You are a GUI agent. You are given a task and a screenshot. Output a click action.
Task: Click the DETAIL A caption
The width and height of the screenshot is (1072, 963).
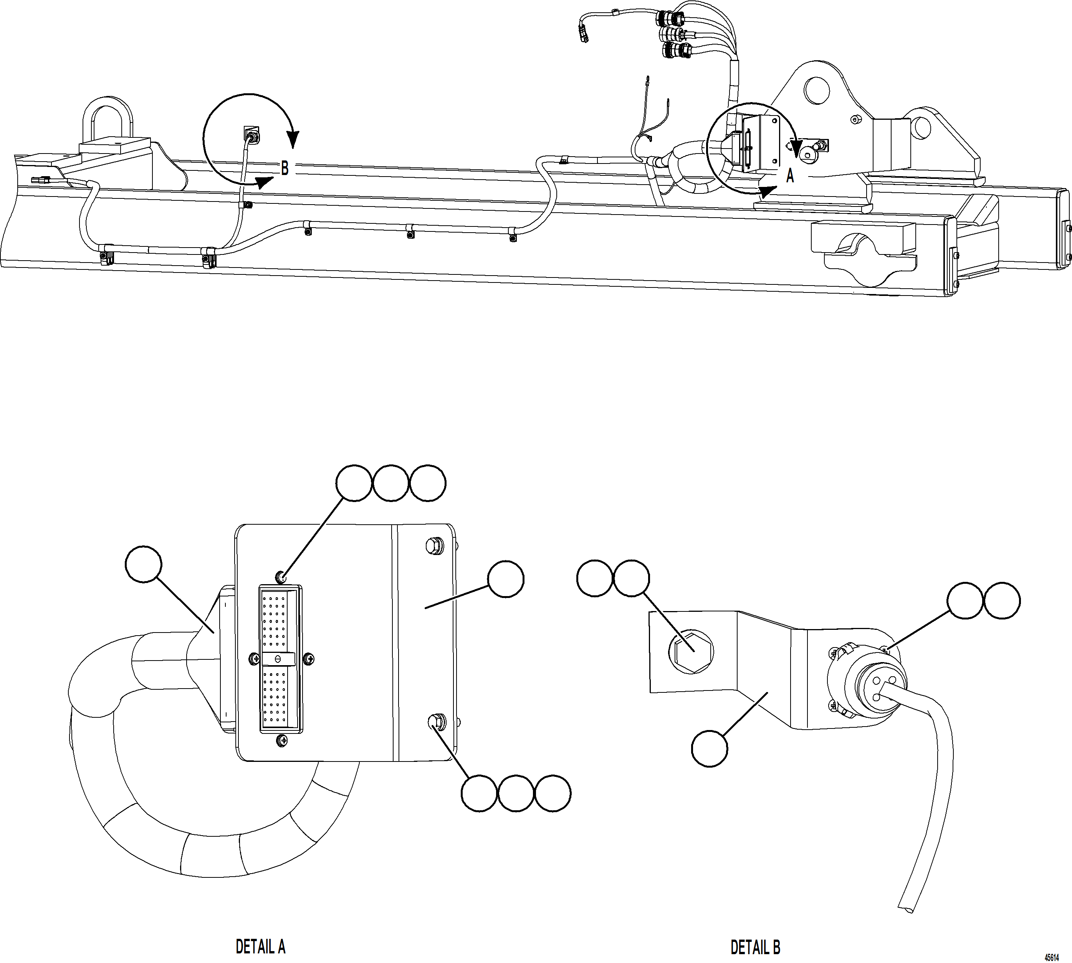click(260, 946)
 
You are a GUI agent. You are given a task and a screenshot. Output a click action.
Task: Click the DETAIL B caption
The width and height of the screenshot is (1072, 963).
click(755, 946)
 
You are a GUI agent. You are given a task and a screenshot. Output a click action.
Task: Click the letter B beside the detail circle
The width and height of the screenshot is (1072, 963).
click(285, 169)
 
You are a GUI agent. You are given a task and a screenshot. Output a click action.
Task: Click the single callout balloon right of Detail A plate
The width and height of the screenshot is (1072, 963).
click(506, 580)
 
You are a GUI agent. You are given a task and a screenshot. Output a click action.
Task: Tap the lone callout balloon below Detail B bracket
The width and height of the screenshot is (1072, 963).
click(710, 748)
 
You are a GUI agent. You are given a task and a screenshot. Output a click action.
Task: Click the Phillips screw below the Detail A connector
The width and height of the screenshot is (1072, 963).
click(282, 741)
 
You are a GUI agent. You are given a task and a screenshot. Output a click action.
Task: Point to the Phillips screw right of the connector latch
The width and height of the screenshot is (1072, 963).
click(309, 659)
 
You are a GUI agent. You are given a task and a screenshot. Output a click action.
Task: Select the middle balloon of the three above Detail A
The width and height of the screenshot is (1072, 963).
click(391, 482)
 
